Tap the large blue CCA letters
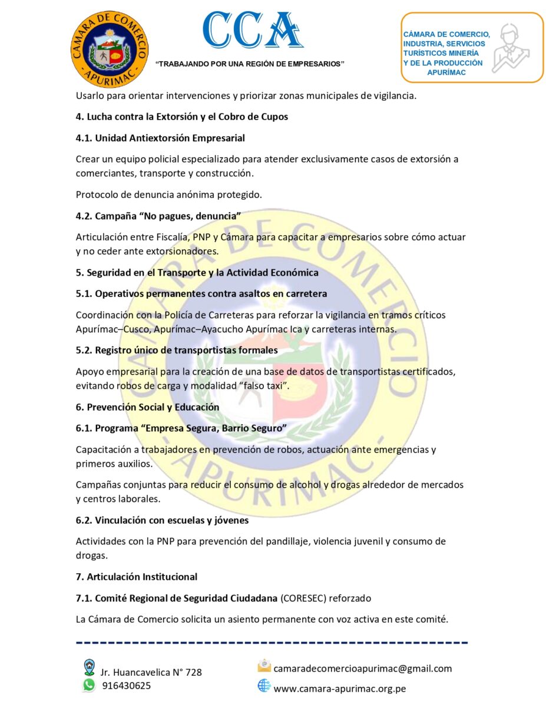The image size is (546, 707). click(x=253, y=30)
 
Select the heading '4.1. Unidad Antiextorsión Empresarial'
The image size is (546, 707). click(x=160, y=138)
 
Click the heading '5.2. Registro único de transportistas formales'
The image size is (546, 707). click(x=177, y=350)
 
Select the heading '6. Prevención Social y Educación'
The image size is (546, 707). click(x=147, y=407)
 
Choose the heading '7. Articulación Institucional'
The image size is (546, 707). click(x=137, y=577)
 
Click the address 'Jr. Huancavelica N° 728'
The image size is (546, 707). click(x=151, y=672)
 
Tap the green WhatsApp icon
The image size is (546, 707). click(x=89, y=685)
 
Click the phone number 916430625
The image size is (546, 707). click(x=126, y=686)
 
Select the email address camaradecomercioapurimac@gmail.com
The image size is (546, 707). click(x=363, y=668)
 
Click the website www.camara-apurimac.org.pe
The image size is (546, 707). click(x=340, y=688)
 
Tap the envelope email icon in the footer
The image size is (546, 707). click(x=264, y=666)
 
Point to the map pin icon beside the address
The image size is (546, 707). click(x=90, y=667)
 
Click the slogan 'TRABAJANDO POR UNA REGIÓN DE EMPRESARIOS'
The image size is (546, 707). click(x=250, y=64)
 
